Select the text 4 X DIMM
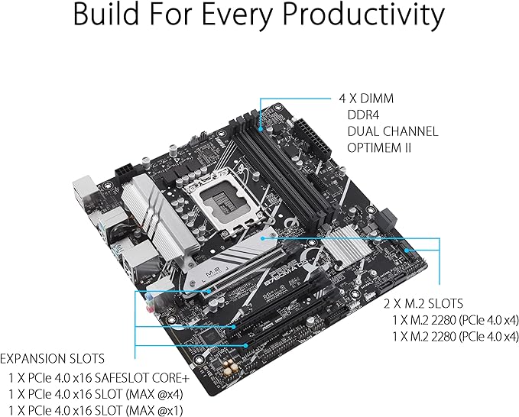367,99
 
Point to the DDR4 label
362,115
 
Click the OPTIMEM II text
379,147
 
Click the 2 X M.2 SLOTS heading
423,302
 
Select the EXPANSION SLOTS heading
52,358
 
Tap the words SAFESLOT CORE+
142,377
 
